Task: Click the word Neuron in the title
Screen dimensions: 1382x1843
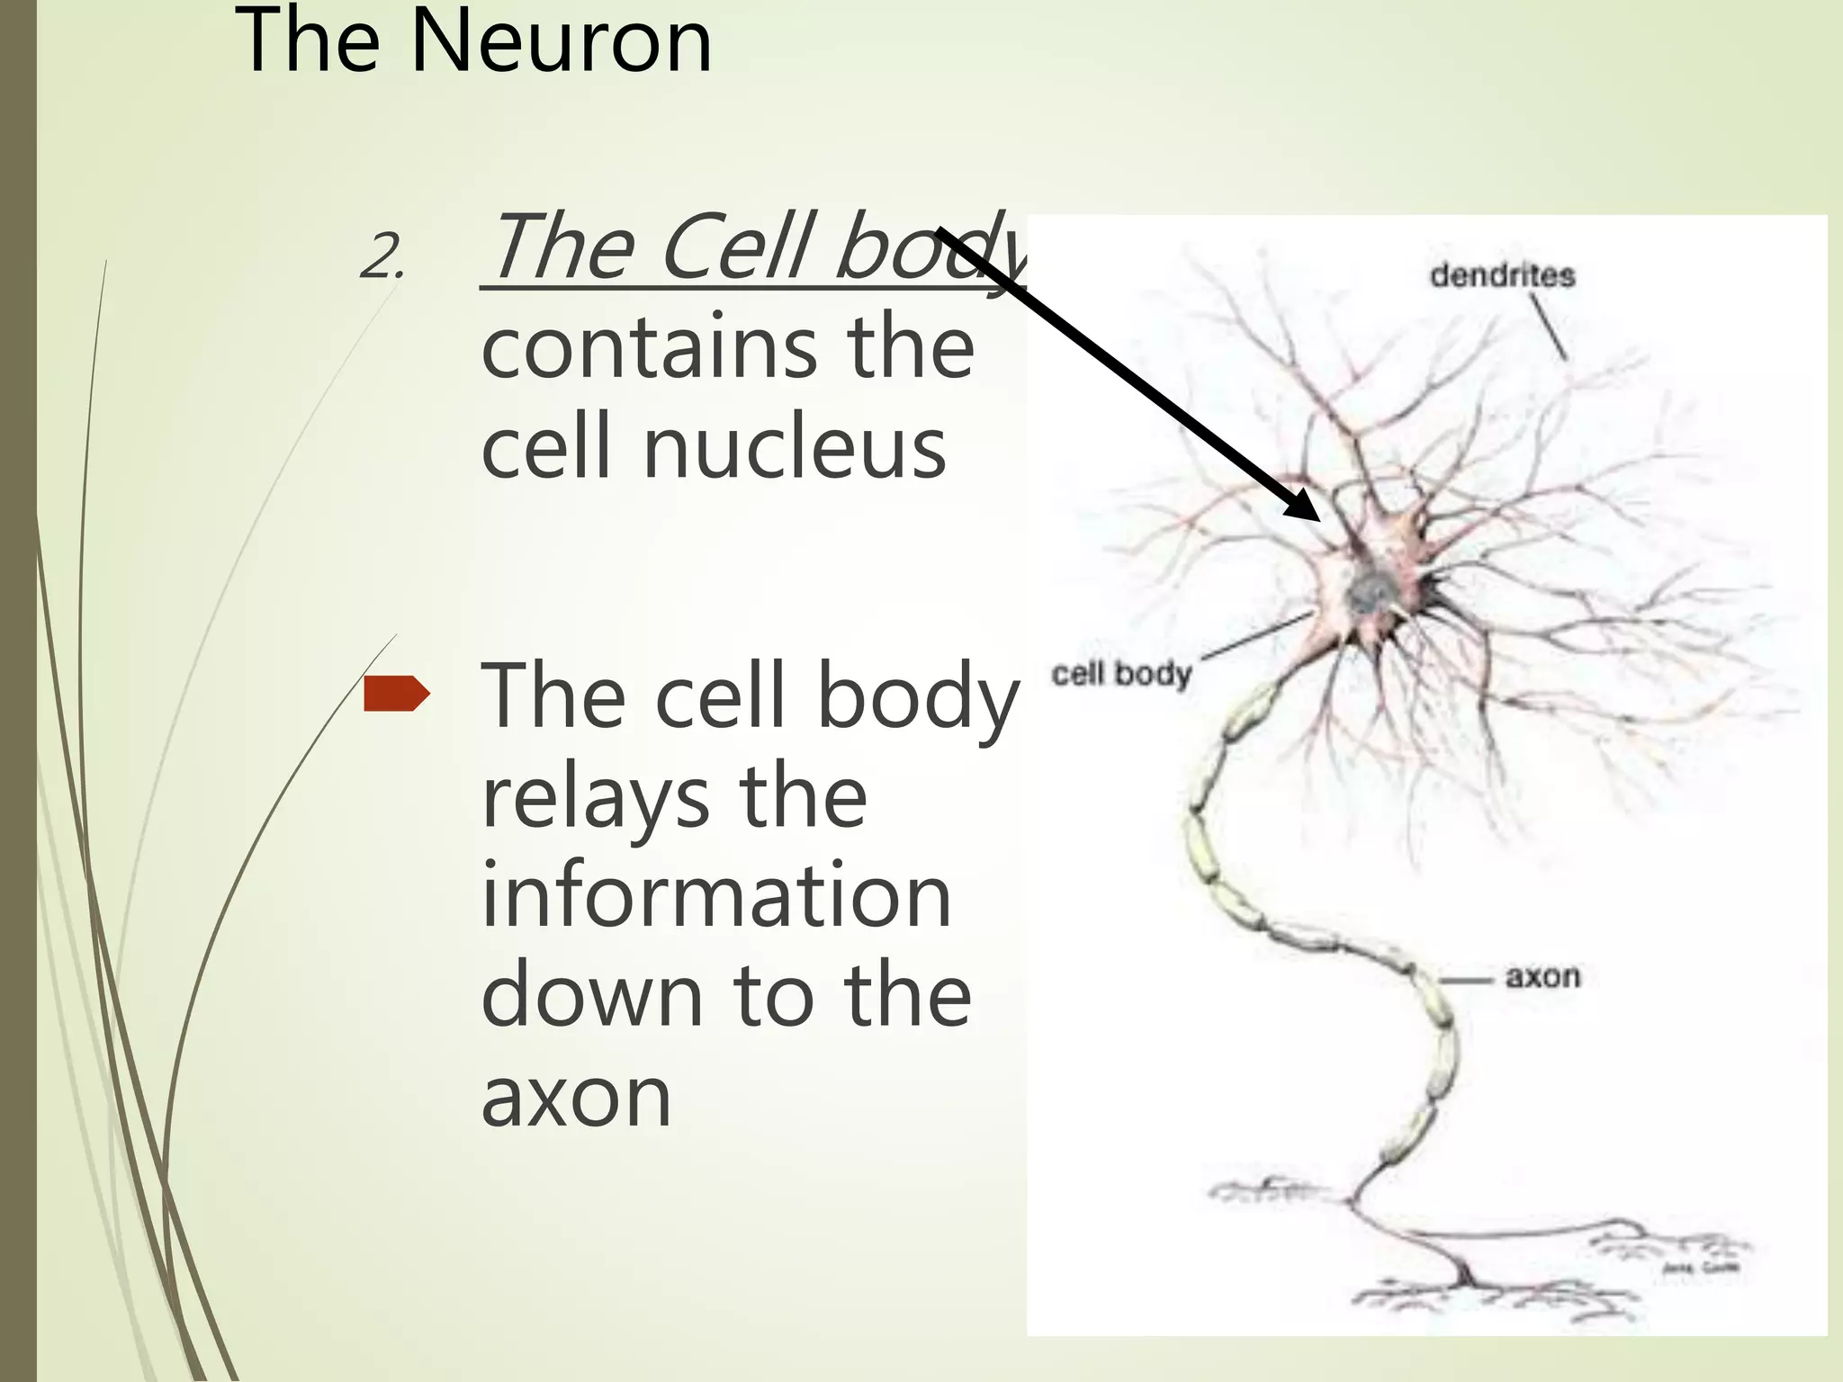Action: click(561, 42)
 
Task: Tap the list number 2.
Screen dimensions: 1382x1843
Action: click(382, 257)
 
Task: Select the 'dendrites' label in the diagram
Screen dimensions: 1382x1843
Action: click(1502, 275)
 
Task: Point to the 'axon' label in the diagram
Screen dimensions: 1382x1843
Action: click(1542, 977)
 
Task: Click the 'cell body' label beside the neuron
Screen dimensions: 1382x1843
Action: click(1121, 674)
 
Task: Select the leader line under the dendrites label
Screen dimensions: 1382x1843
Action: click(1549, 328)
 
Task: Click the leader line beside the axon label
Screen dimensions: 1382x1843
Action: click(1466, 979)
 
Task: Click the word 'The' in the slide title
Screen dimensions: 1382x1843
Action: click(306, 42)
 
